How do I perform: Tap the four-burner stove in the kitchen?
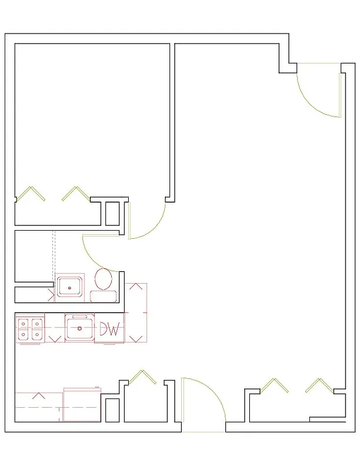[x=30, y=329]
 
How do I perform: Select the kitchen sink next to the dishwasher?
[x=79, y=328]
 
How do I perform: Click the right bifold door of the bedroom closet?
[x=75, y=194]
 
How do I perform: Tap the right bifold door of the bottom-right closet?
[x=319, y=385]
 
